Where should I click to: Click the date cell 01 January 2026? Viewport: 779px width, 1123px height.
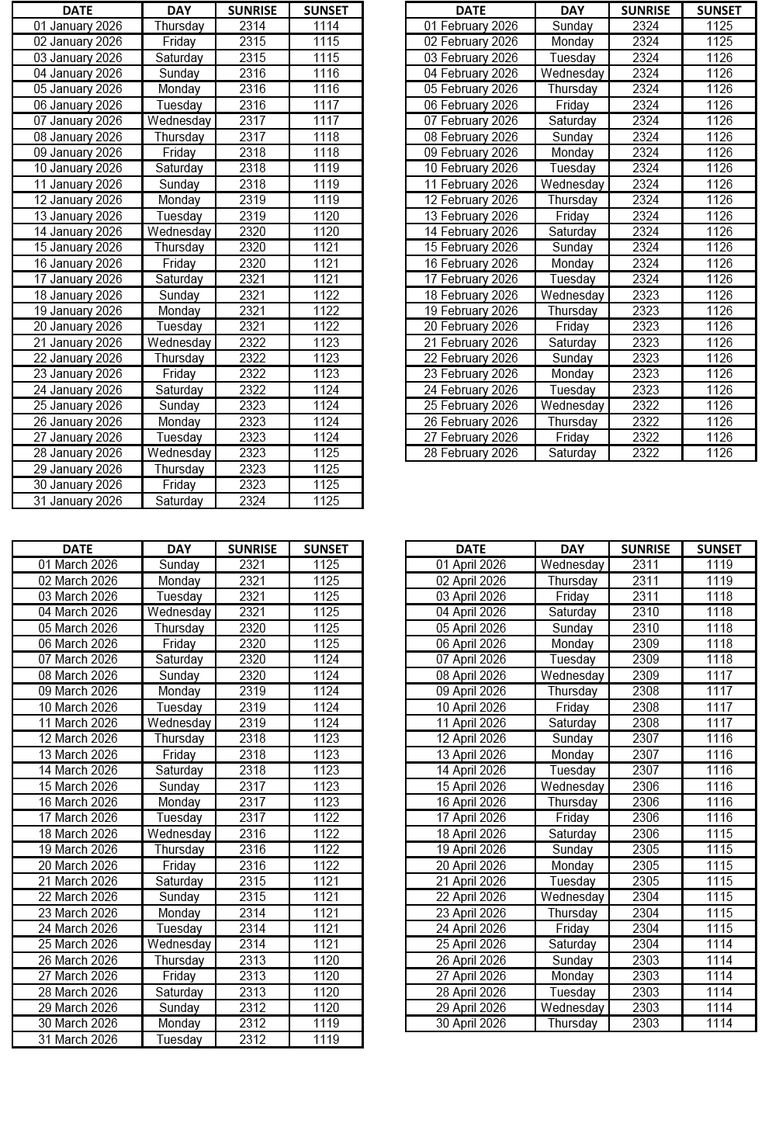pos(78,26)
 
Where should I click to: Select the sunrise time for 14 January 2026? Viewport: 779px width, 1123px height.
pos(252,231)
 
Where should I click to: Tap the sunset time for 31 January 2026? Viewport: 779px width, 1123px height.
pos(326,501)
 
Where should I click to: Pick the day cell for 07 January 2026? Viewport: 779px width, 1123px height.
pos(178,120)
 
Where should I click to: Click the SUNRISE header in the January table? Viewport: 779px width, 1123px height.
pos(252,10)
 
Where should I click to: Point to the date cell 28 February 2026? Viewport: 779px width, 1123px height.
pos(470,453)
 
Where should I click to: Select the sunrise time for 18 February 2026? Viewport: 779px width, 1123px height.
pos(645,295)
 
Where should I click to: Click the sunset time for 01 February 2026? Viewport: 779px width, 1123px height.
pos(718,26)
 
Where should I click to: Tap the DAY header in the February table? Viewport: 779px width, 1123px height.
pos(572,10)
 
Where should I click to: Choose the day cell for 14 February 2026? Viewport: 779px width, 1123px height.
pos(572,231)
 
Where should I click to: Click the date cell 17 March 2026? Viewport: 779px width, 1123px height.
pos(78,818)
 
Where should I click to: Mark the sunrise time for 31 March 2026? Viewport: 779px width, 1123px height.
pos(252,1039)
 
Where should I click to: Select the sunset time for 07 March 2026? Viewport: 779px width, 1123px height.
pos(326,660)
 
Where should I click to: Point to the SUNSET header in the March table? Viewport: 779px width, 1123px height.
pos(326,549)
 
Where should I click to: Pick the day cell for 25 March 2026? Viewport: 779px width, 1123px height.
pos(178,944)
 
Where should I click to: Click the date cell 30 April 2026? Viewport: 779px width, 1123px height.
pos(470,1024)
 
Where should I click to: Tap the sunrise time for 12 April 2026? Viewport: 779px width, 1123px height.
pos(645,739)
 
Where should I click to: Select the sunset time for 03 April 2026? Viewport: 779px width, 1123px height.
pos(718,596)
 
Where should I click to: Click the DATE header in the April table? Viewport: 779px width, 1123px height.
pos(470,549)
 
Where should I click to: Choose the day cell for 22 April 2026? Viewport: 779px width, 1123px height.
pos(572,897)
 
